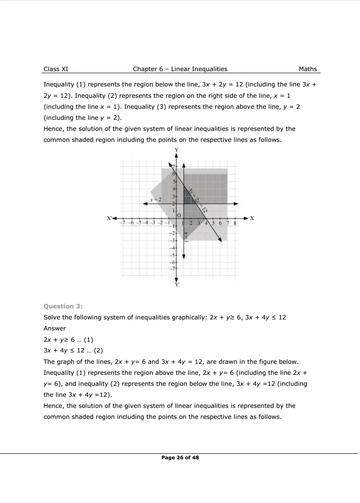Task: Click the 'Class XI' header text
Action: [56, 69]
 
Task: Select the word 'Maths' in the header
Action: [308, 69]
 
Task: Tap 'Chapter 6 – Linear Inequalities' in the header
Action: [180, 69]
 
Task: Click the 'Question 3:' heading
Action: [63, 306]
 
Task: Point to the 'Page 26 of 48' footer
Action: [180, 458]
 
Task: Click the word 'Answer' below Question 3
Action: [55, 328]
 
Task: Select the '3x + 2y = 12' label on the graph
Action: [198, 200]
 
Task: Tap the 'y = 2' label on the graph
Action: [156, 200]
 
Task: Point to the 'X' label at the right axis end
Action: [252, 218]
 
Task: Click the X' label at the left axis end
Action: [109, 218]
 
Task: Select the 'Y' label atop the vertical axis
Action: [176, 150]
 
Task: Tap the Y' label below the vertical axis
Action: [177, 285]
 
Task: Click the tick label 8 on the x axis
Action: [235, 223]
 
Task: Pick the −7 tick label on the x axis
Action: [123, 223]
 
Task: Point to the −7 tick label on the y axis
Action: [172, 269]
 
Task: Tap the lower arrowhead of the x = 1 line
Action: [184, 256]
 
